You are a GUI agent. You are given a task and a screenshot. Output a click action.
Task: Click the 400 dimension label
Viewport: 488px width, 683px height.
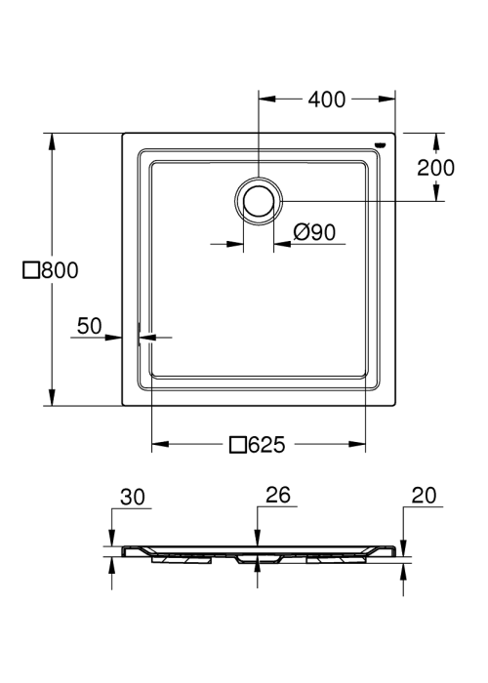click(x=327, y=100)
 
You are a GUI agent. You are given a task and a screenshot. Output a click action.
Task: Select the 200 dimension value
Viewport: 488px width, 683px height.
click(x=435, y=168)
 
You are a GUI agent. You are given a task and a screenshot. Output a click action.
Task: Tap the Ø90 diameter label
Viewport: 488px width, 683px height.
click(x=314, y=232)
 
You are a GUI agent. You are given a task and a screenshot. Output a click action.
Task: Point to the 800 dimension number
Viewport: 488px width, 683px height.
click(x=61, y=270)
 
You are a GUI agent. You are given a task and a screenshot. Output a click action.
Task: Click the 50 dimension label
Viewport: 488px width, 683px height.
click(x=90, y=326)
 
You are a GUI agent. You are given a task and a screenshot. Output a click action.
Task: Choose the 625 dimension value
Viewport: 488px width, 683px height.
click(x=266, y=445)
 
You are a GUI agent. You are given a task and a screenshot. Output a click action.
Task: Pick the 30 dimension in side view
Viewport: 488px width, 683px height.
click(x=133, y=497)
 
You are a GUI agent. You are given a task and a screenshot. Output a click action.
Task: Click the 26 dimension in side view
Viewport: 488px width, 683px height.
click(x=278, y=495)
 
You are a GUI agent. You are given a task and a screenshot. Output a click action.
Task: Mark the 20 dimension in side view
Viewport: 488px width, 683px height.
click(x=424, y=496)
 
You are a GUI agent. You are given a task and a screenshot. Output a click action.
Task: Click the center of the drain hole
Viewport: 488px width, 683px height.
click(x=259, y=201)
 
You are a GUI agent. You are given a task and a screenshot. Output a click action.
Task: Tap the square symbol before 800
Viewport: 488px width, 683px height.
click(x=31, y=270)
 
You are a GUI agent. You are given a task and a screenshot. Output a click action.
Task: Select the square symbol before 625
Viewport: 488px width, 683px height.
click(x=237, y=445)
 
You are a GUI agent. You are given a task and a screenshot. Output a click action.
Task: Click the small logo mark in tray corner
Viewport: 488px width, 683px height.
click(x=381, y=143)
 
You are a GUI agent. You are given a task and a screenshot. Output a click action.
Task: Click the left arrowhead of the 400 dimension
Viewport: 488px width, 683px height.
click(x=267, y=100)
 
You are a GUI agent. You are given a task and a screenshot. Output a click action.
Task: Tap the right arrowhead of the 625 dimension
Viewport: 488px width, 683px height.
click(x=357, y=444)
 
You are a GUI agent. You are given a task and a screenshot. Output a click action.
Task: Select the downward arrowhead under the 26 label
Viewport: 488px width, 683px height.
click(x=258, y=538)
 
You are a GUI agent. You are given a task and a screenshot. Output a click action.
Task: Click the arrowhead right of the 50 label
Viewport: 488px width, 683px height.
click(x=113, y=338)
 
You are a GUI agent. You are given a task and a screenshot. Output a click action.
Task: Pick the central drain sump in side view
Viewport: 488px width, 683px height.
click(x=259, y=559)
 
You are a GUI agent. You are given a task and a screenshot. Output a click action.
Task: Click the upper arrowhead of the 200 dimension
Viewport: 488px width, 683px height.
click(x=436, y=141)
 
